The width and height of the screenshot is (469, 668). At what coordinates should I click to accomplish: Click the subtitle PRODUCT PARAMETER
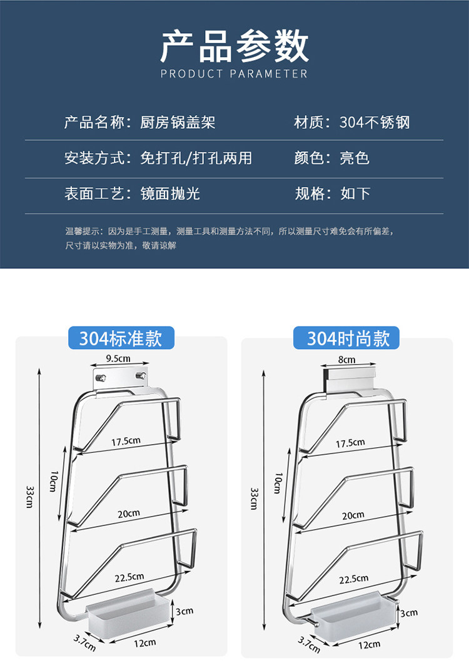coord(234,74)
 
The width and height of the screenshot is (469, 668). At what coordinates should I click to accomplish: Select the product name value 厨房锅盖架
coord(178,122)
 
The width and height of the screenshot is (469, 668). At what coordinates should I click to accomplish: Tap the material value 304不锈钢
coord(375,122)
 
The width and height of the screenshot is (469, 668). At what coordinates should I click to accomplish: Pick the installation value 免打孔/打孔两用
coord(196,158)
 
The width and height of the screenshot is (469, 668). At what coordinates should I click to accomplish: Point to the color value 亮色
coord(355,158)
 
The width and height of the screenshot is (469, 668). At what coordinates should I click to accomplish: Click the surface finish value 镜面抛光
coord(171,193)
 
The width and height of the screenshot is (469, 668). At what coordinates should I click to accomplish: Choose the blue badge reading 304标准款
coord(120,338)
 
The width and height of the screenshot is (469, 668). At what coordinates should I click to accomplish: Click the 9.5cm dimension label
coord(118,359)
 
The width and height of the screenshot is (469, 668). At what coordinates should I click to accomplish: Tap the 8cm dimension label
coord(346,360)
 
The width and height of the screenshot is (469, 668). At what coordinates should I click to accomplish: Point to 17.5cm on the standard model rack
coord(126,441)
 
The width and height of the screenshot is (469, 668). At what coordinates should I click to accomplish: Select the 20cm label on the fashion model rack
coord(353,515)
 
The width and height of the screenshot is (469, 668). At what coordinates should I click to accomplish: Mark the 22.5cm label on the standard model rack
coord(128,577)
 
